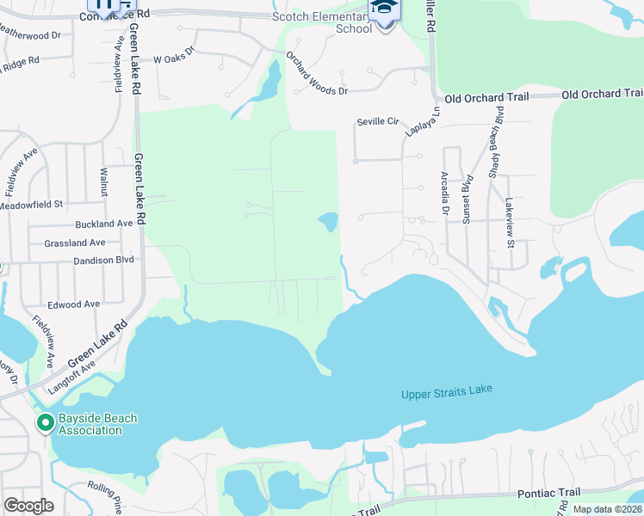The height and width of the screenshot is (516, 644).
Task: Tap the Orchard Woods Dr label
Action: [x=317, y=77]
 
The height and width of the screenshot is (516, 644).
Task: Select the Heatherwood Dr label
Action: [x=30, y=36]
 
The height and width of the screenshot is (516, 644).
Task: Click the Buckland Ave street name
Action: [x=104, y=224]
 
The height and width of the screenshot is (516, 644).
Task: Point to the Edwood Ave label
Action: [x=74, y=304]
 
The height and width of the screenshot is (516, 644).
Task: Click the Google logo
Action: [x=28, y=506]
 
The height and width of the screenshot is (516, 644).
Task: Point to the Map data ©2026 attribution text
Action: [x=605, y=509]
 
